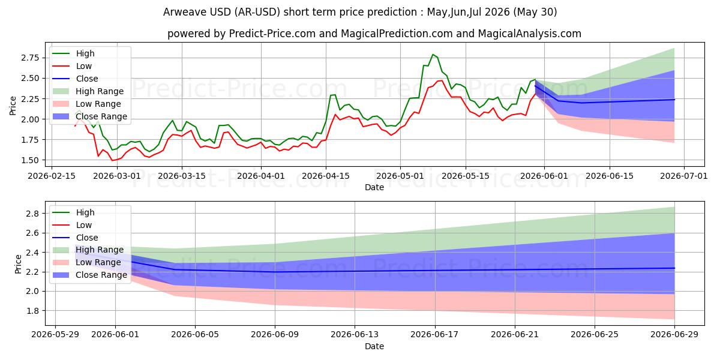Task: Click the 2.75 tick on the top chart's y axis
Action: click(x=30, y=58)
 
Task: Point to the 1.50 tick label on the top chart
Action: click(x=30, y=160)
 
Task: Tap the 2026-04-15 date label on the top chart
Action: click(x=326, y=176)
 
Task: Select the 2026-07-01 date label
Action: click(x=683, y=176)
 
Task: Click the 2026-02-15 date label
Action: click(x=52, y=176)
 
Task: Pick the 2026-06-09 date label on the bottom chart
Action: click(x=275, y=335)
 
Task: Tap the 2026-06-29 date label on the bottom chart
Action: click(x=674, y=335)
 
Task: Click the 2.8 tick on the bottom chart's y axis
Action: click(x=32, y=214)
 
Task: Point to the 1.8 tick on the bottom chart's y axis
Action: click(x=32, y=311)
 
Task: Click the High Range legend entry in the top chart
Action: click(x=88, y=91)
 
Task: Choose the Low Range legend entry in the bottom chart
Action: click(x=87, y=262)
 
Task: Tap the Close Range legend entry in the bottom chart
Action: click(x=89, y=275)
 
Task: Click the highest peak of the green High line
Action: click(x=433, y=55)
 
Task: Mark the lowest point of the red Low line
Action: click(x=112, y=160)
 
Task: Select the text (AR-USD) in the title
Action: click(x=257, y=12)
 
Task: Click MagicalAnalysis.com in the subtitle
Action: click(x=529, y=34)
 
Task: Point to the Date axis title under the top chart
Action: click(x=374, y=187)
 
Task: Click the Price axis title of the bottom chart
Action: click(x=19, y=264)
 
